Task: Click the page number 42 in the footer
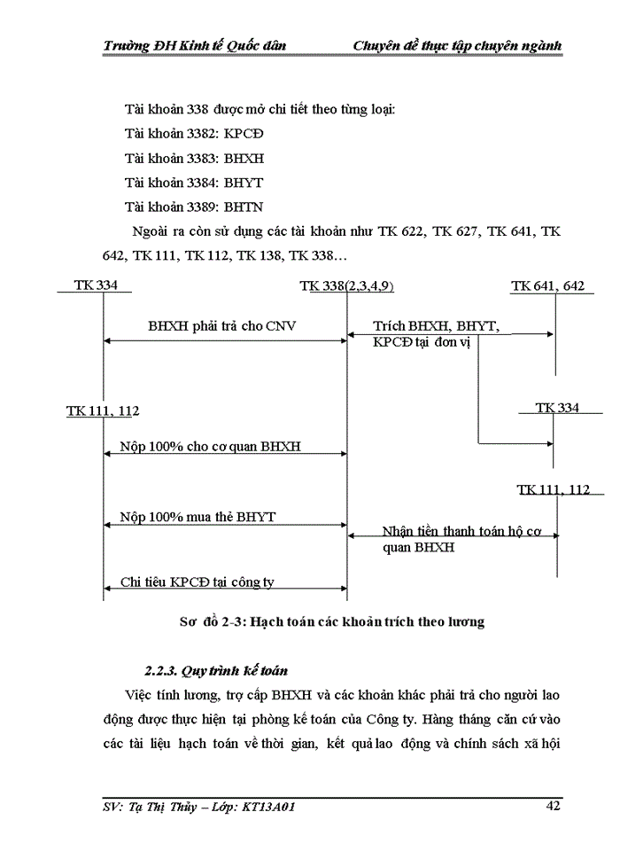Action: [553, 806]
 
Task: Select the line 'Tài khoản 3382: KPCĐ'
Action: [195, 134]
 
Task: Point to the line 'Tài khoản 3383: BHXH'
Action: [195, 159]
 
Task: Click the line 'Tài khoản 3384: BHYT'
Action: [195, 183]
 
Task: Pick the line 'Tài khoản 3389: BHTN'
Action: [195, 207]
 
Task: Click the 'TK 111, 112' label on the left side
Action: [103, 411]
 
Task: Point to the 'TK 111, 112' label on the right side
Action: [554, 489]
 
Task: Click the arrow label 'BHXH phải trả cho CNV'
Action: [221, 326]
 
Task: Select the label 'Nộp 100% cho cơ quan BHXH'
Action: [210, 446]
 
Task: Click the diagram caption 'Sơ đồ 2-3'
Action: [209, 622]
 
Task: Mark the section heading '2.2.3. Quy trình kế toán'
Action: [216, 670]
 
